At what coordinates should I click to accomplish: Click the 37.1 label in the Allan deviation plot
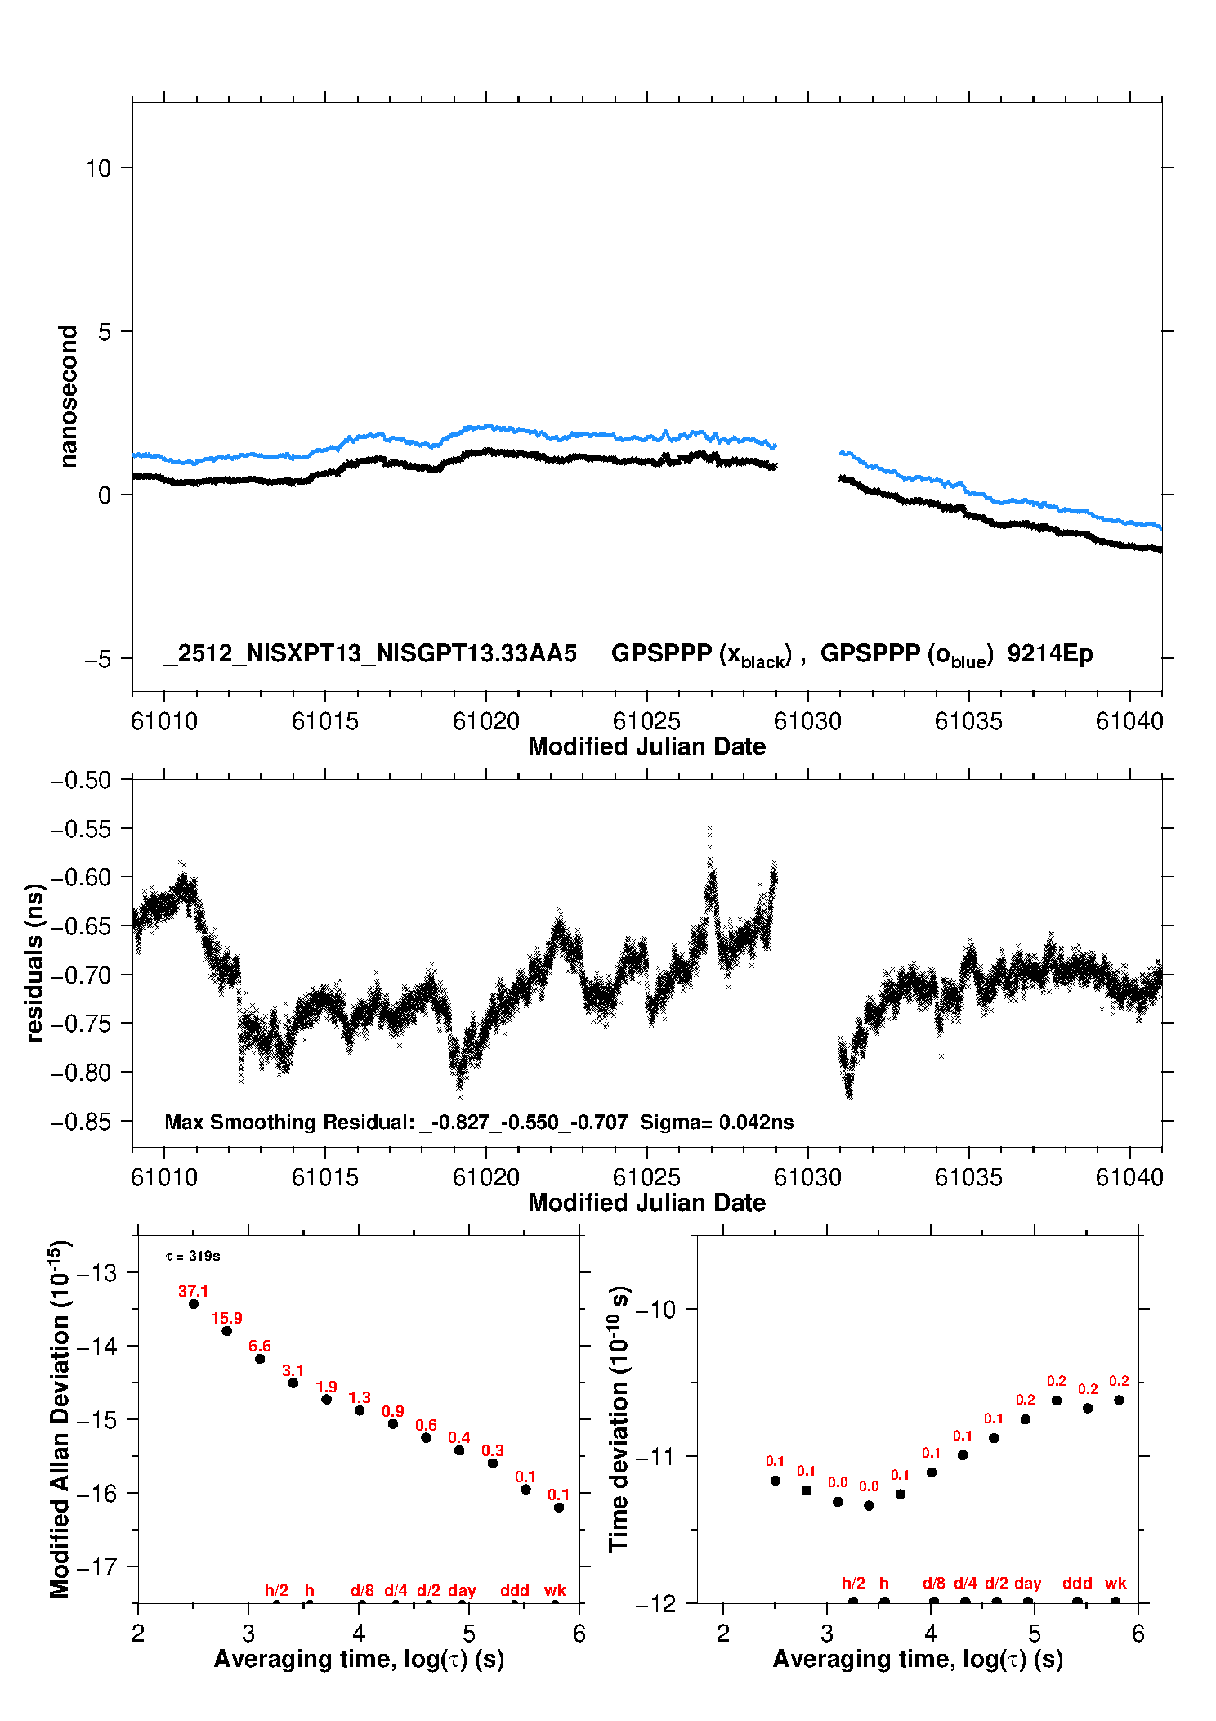coord(193,1291)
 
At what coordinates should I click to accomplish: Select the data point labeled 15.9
coord(227,1331)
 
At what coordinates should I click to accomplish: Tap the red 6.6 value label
coord(260,1346)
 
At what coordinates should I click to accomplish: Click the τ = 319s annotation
coord(193,1256)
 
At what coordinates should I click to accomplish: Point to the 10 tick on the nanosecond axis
coord(98,168)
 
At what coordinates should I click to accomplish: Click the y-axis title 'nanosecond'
coord(68,397)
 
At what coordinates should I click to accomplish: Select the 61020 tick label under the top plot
coord(486,721)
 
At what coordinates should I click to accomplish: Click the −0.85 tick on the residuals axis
coord(80,1122)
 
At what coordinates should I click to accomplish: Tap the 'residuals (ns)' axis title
coord(34,962)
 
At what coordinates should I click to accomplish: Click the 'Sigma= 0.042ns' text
coord(717,1122)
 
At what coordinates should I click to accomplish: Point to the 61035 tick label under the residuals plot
coord(968,1177)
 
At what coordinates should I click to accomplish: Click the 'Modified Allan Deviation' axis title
coord(60,1418)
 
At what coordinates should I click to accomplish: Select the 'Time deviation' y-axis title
coord(619,1418)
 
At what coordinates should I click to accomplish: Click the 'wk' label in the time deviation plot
coord(1115,1583)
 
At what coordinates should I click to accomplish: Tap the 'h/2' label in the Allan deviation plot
coord(276,1590)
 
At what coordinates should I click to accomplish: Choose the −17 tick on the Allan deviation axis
coord(96,1566)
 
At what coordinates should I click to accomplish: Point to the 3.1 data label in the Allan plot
coord(293,1370)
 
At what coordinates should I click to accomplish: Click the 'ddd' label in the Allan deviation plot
coord(515,1590)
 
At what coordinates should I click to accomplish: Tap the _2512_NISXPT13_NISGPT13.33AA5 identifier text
coord(370,653)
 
